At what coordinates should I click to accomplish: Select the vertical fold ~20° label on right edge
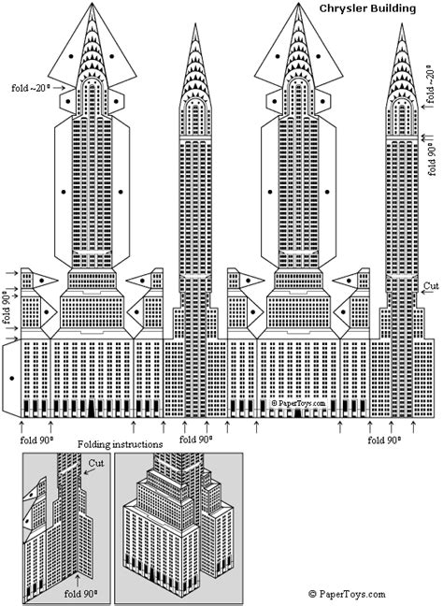click(430, 83)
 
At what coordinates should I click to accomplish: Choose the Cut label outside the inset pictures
click(431, 286)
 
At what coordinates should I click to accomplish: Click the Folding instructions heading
click(121, 443)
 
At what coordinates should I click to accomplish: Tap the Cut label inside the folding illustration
click(95, 463)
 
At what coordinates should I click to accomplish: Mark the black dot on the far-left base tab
click(9, 378)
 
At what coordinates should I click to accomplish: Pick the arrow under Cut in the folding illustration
click(87, 475)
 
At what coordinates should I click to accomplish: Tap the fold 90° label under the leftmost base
click(36, 438)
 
